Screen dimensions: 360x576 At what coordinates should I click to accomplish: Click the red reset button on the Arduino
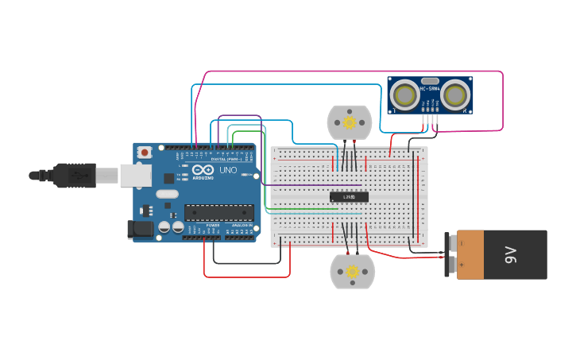pyautogui.click(x=145, y=152)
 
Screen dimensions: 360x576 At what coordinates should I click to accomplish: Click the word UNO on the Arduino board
pyautogui.click(x=228, y=170)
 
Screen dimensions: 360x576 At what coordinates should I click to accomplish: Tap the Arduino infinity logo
pyautogui.click(x=203, y=170)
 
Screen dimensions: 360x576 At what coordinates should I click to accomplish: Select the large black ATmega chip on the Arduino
pyautogui.click(x=219, y=212)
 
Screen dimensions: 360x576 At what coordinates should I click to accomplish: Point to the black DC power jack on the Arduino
pyautogui.click(x=141, y=229)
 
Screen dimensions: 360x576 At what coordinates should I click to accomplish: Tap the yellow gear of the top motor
pyautogui.click(x=350, y=122)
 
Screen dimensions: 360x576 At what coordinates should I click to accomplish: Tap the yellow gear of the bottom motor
pyautogui.click(x=352, y=272)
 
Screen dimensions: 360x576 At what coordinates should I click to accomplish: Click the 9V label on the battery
pyautogui.click(x=511, y=254)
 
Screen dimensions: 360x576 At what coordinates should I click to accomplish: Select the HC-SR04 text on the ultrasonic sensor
pyautogui.click(x=430, y=89)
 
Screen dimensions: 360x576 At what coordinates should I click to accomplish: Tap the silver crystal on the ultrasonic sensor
pyautogui.click(x=430, y=81)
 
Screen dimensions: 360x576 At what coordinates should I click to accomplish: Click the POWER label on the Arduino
pyautogui.click(x=213, y=226)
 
